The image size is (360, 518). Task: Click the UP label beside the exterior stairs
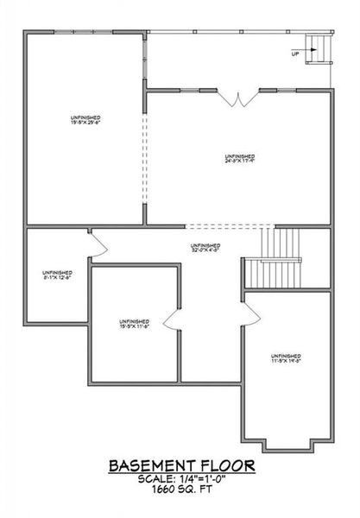(x=296, y=54)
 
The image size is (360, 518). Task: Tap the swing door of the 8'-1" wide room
(x=96, y=242)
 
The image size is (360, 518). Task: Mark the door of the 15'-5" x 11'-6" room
(x=170, y=322)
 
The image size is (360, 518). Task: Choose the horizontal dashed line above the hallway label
(x=224, y=227)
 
